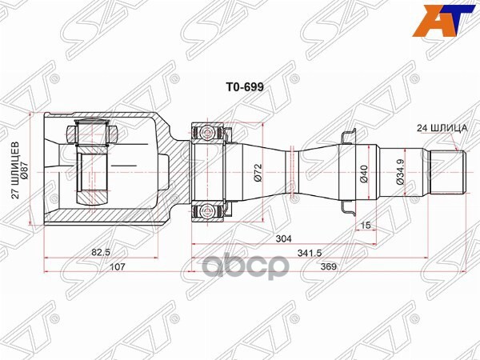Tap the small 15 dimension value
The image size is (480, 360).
(x=365, y=225)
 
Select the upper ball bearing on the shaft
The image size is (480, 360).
(x=208, y=130)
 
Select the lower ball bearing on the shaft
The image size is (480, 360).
(x=208, y=210)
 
